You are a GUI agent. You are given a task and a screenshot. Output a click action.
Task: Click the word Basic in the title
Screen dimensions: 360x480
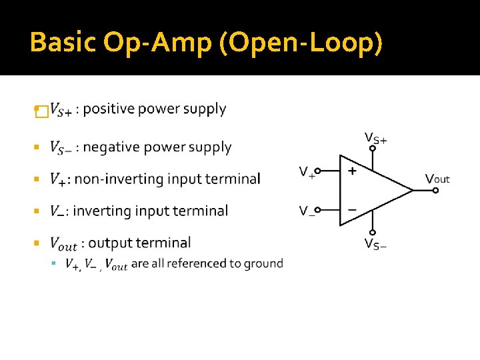pyautogui.click(x=63, y=43)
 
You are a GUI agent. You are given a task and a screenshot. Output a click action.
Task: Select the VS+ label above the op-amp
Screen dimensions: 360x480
pyautogui.click(x=375, y=138)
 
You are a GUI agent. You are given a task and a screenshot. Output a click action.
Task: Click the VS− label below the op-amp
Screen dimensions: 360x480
pyautogui.click(x=375, y=243)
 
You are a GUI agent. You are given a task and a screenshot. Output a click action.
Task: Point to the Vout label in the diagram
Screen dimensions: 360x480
pyautogui.click(x=437, y=178)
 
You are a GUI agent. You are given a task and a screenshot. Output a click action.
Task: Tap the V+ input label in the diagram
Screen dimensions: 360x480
pyautogui.click(x=307, y=173)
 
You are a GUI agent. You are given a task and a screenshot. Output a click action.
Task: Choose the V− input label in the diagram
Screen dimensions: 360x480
pyautogui.click(x=307, y=211)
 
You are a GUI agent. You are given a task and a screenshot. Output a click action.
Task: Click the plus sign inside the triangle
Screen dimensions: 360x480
pyautogui.click(x=352, y=170)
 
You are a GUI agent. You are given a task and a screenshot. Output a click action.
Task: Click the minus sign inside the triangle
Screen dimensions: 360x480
pyautogui.click(x=352, y=210)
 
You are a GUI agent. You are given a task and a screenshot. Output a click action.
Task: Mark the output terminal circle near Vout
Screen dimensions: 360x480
pyautogui.click(x=435, y=190)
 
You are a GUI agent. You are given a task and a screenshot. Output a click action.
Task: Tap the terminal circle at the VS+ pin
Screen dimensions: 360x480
pyautogui.click(x=373, y=148)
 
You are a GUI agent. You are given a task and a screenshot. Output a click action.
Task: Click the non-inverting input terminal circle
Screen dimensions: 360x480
pyautogui.click(x=317, y=171)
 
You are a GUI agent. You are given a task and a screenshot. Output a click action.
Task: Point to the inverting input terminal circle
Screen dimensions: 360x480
pyautogui.click(x=317, y=209)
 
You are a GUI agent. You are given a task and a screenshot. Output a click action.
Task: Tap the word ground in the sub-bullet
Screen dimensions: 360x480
pyautogui.click(x=264, y=263)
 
